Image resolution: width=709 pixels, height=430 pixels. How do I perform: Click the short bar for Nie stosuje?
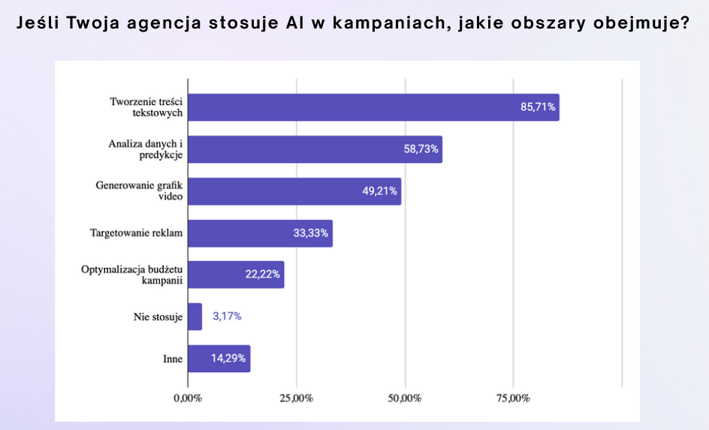[195, 317]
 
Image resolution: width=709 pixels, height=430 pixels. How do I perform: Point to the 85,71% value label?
[538, 107]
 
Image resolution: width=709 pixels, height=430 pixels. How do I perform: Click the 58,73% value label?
[421, 149]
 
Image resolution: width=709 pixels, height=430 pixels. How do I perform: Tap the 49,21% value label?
[380, 191]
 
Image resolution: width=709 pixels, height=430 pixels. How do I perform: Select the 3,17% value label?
[227, 317]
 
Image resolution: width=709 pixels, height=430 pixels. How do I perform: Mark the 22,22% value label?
[263, 275]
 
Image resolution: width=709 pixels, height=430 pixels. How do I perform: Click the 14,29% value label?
[229, 359]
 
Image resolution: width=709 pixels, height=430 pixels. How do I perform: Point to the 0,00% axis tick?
[187, 398]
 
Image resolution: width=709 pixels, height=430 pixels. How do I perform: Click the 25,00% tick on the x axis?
[296, 398]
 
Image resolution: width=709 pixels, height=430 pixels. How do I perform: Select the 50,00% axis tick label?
[405, 398]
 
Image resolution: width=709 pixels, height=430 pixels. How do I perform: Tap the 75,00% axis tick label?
[513, 398]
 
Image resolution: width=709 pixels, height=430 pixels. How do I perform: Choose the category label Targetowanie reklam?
[136, 233]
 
